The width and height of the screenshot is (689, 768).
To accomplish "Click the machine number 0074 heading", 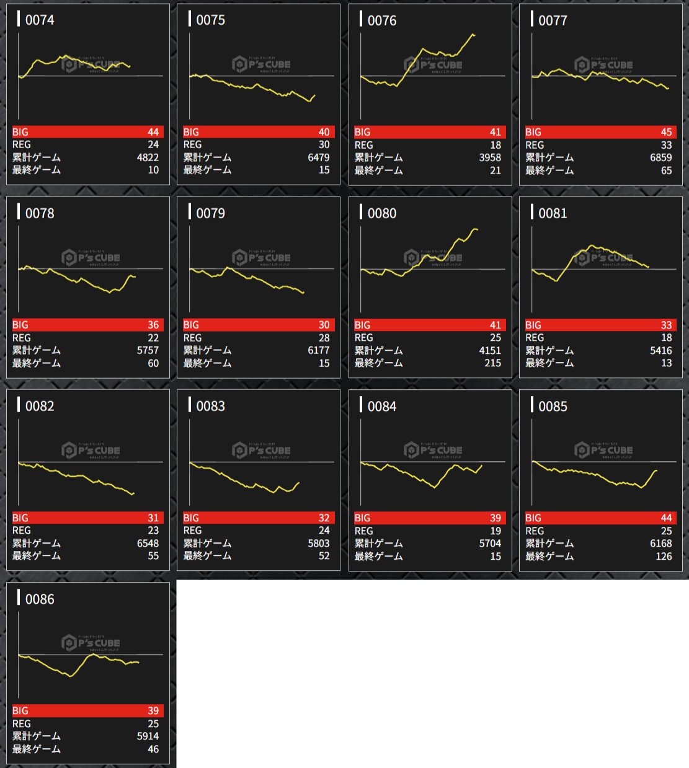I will [40, 20].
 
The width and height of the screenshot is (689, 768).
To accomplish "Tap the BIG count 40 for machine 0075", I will [324, 132].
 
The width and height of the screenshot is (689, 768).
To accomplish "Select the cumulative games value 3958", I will [490, 157].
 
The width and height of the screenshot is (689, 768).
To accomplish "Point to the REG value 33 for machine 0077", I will [666, 145].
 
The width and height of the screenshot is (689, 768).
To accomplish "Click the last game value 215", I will [492, 363].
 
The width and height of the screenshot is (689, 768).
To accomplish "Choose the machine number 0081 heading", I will [553, 213].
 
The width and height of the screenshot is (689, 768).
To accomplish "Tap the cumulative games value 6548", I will [148, 544].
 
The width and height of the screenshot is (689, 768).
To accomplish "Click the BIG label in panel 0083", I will [191, 518].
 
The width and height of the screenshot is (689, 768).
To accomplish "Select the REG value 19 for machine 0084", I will [495, 531].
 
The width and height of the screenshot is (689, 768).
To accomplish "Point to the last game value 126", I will [664, 556].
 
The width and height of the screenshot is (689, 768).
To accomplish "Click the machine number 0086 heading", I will [40, 599].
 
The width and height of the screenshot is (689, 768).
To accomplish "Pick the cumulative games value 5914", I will [148, 736].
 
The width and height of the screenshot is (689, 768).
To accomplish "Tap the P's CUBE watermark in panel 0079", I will [261, 258].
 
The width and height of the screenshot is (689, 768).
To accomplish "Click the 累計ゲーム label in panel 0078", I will [37, 350].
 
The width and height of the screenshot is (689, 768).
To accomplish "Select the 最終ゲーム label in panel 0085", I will [549, 556].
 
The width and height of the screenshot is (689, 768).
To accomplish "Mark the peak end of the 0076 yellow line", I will [474, 35].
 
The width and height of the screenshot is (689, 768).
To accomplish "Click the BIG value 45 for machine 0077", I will [666, 132].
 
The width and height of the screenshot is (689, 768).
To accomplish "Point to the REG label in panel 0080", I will [363, 338].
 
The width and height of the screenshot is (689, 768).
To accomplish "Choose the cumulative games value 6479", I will [319, 157].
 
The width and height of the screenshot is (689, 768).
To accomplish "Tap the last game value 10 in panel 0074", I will [153, 170].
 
